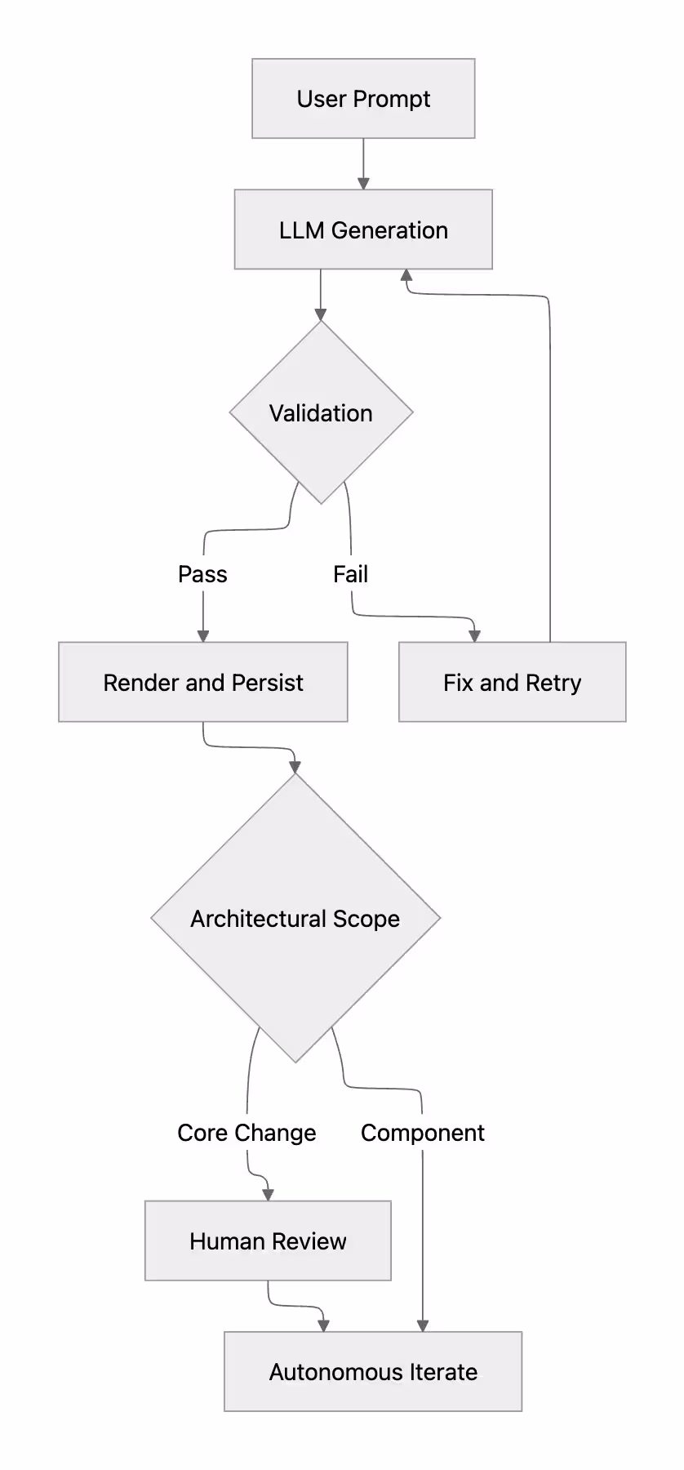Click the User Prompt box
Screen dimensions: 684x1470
363,98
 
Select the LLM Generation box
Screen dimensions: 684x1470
363,229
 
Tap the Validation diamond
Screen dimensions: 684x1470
321,412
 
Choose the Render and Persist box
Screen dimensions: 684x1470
203,682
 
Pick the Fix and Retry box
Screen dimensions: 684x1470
513,682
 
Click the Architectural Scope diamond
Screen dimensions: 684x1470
295,918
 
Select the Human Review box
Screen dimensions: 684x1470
268,1241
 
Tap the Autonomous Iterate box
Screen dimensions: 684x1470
373,1371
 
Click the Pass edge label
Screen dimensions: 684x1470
202,574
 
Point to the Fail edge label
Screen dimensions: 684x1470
351,574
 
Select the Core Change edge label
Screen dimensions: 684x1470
247,1133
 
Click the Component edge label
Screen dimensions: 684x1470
423,1133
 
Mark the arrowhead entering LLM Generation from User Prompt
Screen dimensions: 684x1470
363,184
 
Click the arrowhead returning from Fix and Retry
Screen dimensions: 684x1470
406,275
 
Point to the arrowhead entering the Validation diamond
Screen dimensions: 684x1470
321,314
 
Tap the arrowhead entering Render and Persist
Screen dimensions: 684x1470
203,636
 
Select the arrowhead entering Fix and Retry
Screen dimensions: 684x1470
474,636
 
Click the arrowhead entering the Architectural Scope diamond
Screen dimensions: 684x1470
295,767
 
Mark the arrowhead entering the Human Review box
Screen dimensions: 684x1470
268,1195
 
